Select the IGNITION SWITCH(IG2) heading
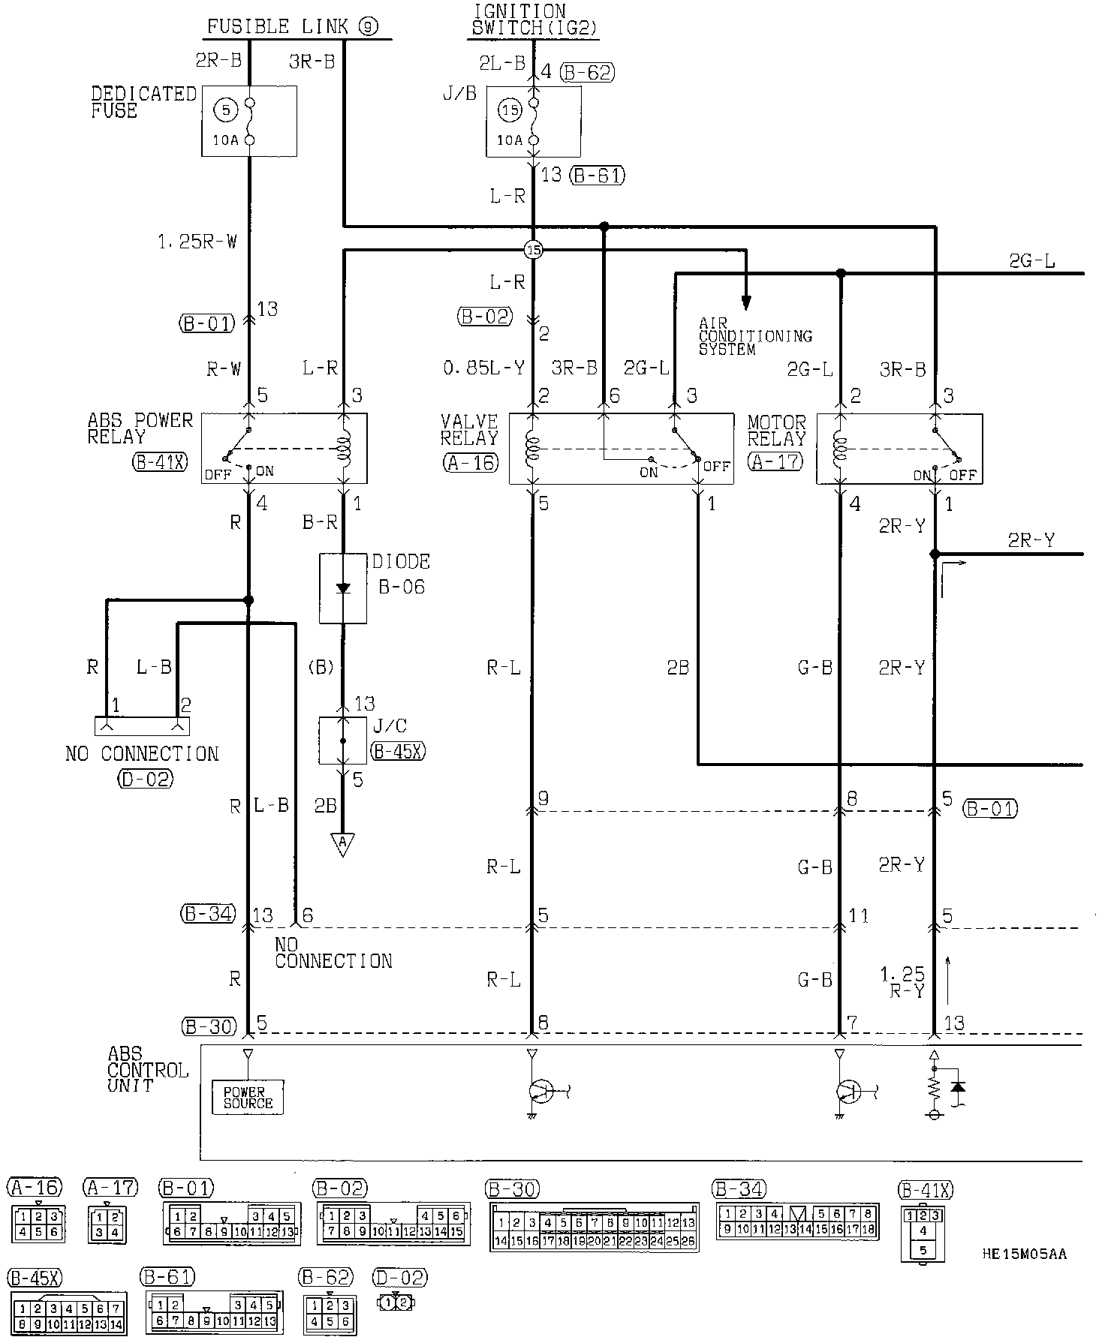pyautogui.click(x=534, y=20)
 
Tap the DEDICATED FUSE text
pyautogui.click(x=143, y=102)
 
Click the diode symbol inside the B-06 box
pyautogui.click(x=343, y=588)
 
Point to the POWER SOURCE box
pyautogui.click(x=248, y=1098)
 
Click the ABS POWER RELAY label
pyautogui.click(x=140, y=428)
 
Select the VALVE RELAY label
pyautogui.click(x=469, y=430)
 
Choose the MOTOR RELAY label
pyautogui.click(x=776, y=431)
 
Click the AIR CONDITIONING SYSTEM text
pyautogui.click(x=754, y=336)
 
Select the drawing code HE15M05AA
pyautogui.click(x=1024, y=1254)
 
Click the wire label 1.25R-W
pyautogui.click(x=197, y=242)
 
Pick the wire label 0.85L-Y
pyautogui.click(x=483, y=368)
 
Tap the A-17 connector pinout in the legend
pyautogui.click(x=107, y=1224)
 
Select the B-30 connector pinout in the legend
pyautogui.click(x=594, y=1227)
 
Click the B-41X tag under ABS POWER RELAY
pyautogui.click(x=160, y=463)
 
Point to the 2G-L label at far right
pyautogui.click(x=1032, y=260)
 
